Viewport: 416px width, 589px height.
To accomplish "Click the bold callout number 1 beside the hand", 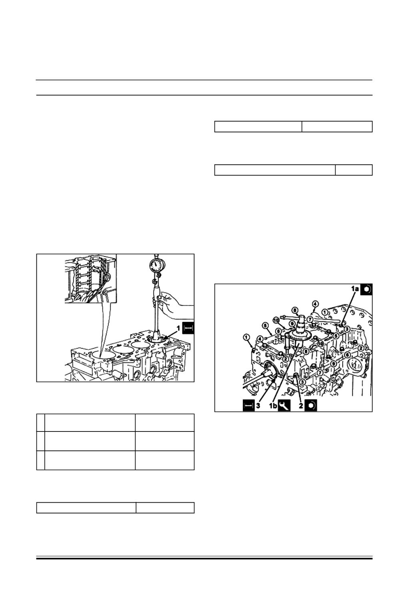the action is click(178, 328).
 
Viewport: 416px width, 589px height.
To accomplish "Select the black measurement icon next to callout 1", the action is click(188, 328).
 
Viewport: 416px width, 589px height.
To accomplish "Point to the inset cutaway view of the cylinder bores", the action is click(91, 279).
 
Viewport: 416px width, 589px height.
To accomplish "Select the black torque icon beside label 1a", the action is click(366, 290).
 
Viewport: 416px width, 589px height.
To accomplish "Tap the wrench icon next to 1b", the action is click(284, 405).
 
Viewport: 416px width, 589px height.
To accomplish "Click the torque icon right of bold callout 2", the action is click(311, 405).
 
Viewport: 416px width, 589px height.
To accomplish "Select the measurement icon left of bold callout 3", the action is click(249, 405).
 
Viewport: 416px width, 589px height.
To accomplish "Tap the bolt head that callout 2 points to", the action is click(296, 375).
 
